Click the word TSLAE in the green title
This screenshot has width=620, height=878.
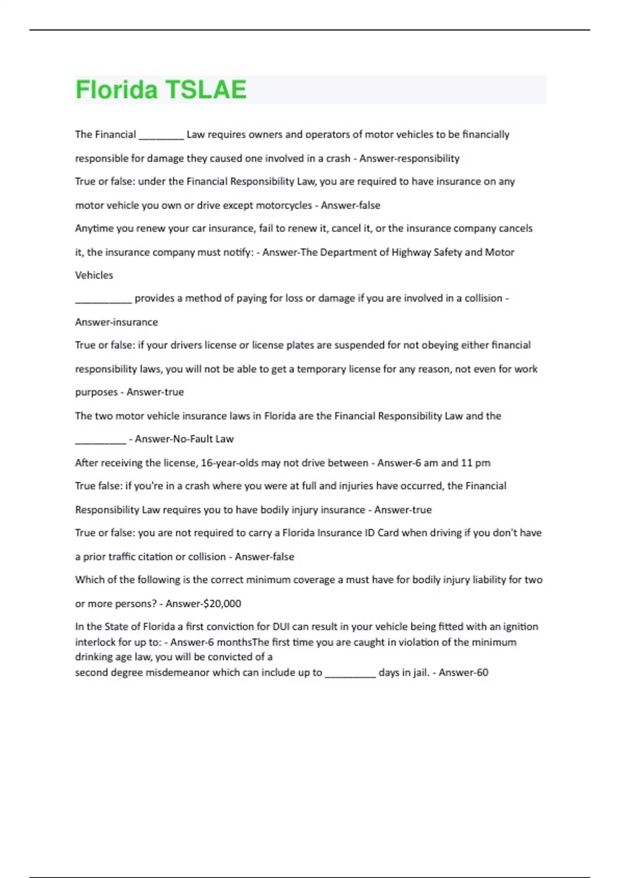[206, 90]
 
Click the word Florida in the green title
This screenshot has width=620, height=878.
[116, 90]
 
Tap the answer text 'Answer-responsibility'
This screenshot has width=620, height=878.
[409, 159]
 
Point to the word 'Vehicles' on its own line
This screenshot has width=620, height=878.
[94, 275]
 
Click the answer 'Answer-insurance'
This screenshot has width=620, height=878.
[116, 322]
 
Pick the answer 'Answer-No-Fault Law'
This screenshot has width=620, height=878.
[184, 439]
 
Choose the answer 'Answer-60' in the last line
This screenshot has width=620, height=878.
[463, 673]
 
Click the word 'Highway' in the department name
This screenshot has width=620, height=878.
[411, 253]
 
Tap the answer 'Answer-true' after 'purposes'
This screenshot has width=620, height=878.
[155, 392]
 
